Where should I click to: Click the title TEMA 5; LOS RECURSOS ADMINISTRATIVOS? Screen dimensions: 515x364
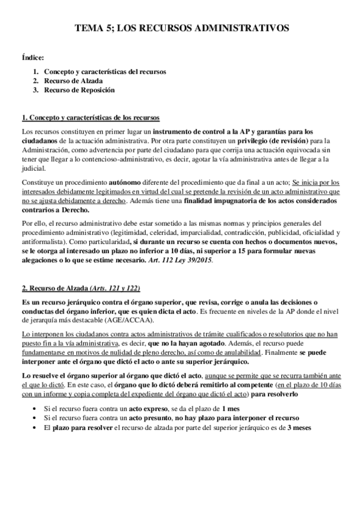182,28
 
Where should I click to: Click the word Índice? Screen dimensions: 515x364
32,58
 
